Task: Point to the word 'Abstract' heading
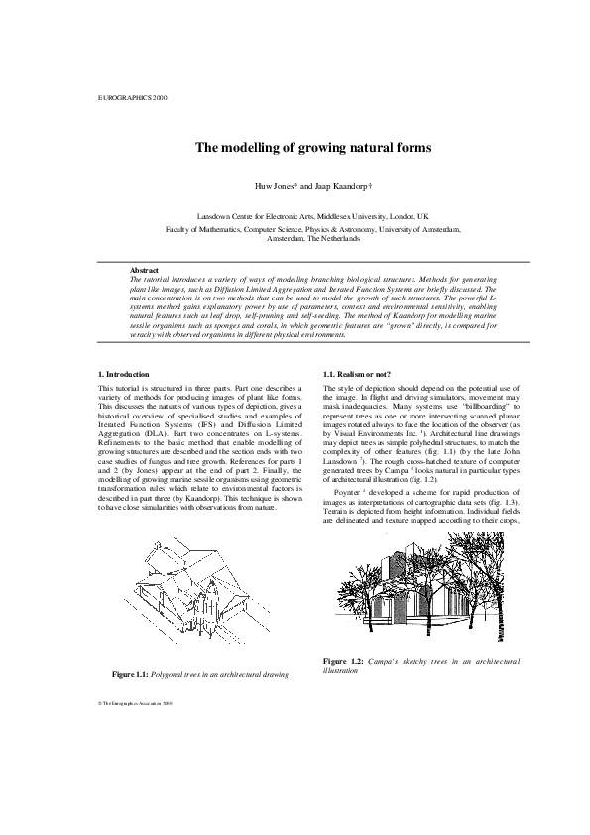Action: click(x=145, y=270)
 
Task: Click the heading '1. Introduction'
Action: click(x=124, y=374)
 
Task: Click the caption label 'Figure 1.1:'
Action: click(x=135, y=675)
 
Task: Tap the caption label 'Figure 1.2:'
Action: click(x=345, y=660)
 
